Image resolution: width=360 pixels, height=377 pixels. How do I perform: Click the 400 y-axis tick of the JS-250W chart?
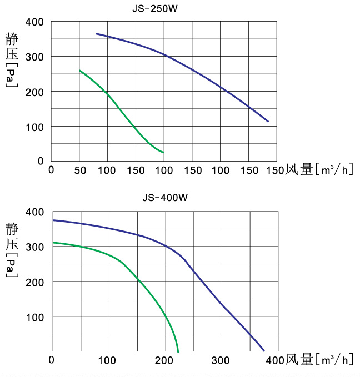pyautogui.click(x=34, y=22)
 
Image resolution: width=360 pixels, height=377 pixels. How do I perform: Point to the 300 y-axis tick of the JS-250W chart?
pyautogui.click(x=34, y=57)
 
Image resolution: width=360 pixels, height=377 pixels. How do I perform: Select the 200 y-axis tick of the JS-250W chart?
pyautogui.click(x=34, y=92)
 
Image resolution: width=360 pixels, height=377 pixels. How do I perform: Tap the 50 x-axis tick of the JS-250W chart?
pyautogui.click(x=79, y=169)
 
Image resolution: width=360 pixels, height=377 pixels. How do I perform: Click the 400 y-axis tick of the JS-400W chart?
pyautogui.click(x=34, y=212)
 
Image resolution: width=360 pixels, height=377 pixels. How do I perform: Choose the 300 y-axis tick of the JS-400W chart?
pyautogui.click(x=34, y=247)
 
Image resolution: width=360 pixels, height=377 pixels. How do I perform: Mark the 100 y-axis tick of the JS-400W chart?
pyautogui.click(x=34, y=316)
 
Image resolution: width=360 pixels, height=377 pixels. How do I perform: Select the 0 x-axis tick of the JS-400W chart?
pyautogui.click(x=52, y=359)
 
